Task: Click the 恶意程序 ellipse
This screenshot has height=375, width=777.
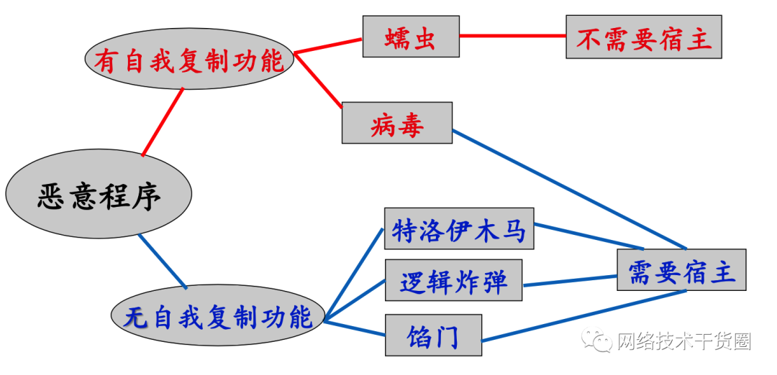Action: coord(99,194)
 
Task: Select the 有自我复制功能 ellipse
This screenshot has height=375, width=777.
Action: coord(189,60)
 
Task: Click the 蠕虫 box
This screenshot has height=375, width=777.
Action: coord(411,37)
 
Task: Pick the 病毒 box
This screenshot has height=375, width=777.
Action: coord(397,123)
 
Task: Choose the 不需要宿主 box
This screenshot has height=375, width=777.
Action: coord(643,37)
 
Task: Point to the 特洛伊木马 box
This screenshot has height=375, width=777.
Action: coord(459,229)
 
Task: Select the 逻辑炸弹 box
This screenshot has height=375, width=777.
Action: coord(453,281)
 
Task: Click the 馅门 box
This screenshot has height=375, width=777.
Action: coord(433,335)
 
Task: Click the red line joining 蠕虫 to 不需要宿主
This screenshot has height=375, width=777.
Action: coord(512,36)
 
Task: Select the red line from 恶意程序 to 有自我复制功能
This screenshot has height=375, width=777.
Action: coord(163,121)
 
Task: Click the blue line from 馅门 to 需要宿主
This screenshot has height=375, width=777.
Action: coord(583,316)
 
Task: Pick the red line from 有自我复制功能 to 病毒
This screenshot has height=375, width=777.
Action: coord(318,80)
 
